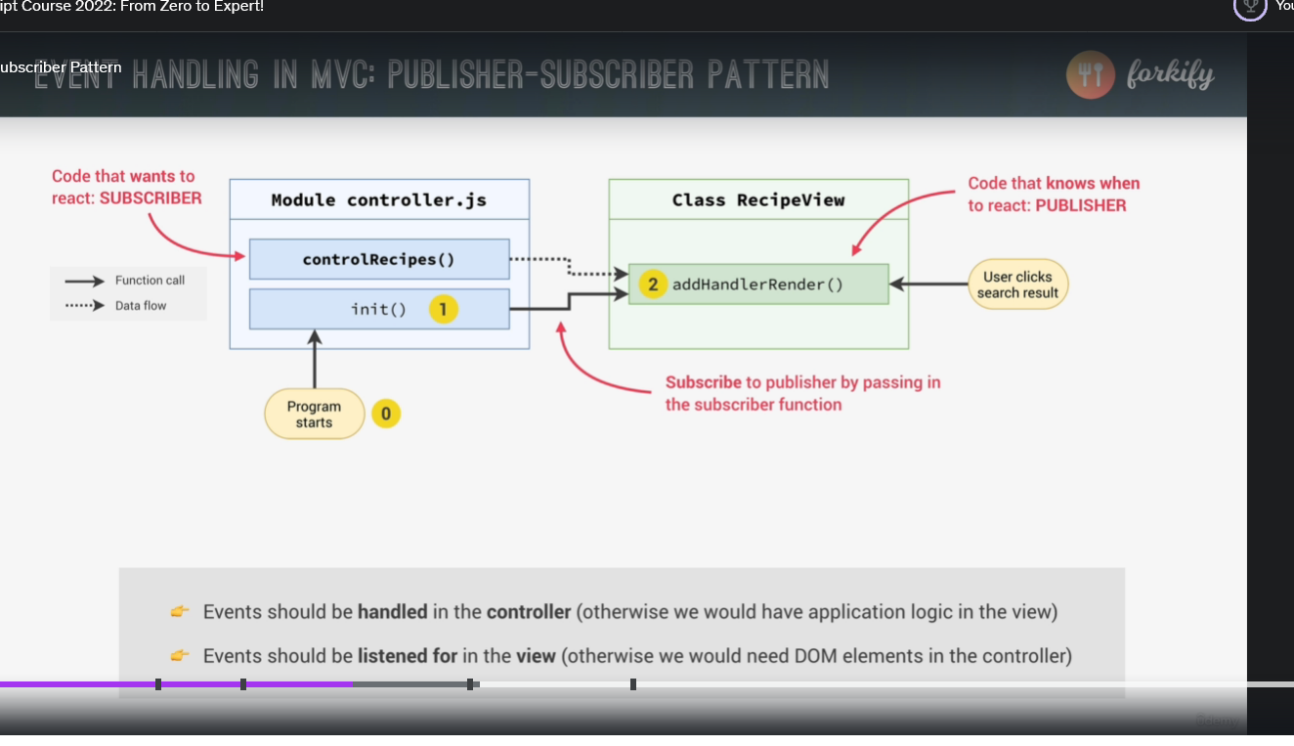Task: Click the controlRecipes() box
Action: point(379,259)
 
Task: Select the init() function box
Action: point(379,309)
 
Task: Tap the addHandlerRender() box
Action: point(758,285)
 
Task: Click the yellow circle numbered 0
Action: point(386,414)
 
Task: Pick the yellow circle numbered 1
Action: point(443,310)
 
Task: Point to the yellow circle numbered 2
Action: point(652,285)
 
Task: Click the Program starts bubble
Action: point(314,415)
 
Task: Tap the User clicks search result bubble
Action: point(1017,285)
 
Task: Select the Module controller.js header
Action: point(379,200)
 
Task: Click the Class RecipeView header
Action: point(758,200)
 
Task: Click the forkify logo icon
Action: point(1091,75)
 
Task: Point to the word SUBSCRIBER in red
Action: point(151,198)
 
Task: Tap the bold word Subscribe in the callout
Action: point(704,382)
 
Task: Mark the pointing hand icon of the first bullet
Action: point(180,612)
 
